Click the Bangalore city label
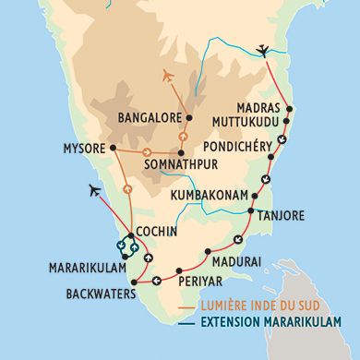149,118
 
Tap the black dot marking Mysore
113,147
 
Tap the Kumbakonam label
213,197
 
